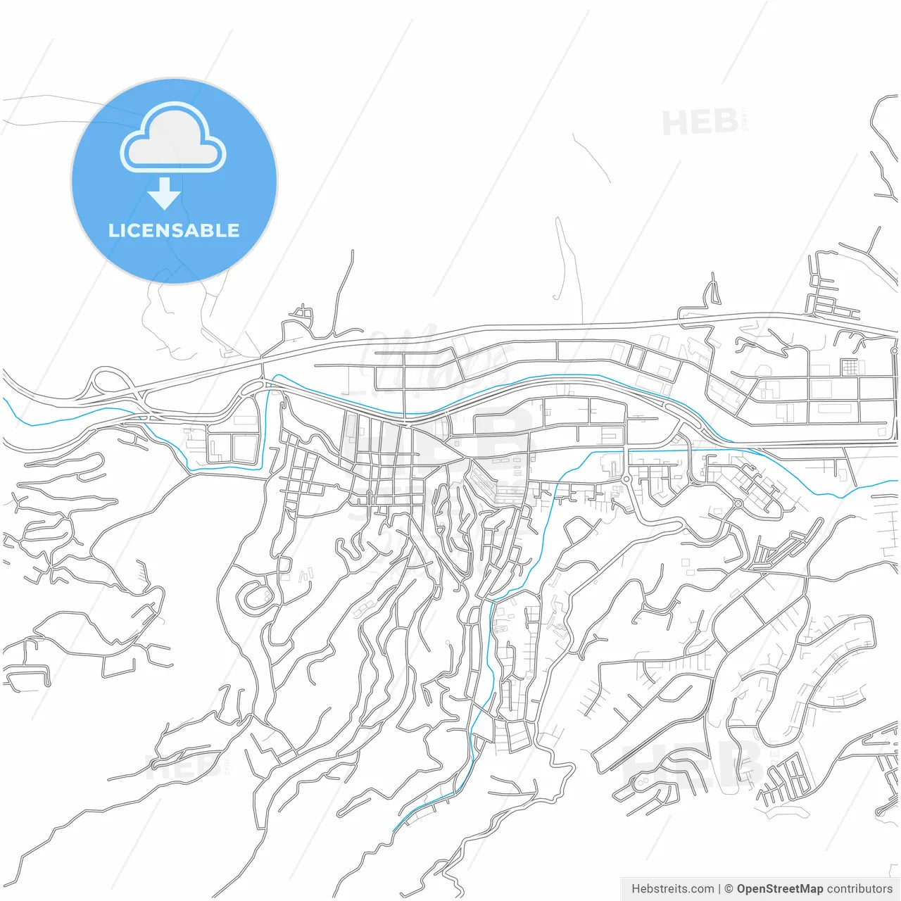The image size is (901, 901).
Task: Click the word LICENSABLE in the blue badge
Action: click(174, 230)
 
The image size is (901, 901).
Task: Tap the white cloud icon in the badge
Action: click(173, 138)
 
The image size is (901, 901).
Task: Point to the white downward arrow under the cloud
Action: click(164, 194)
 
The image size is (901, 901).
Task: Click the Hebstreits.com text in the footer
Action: click(672, 889)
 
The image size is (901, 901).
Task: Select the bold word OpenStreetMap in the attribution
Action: click(779, 889)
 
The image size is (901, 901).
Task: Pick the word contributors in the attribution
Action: click(859, 889)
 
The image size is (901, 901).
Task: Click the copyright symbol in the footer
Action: click(729, 889)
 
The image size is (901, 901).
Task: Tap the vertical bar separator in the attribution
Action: click(719, 889)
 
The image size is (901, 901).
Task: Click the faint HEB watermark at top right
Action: click(700, 123)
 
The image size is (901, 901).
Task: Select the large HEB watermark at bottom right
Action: click(693, 764)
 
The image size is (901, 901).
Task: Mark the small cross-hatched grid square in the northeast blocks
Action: click(850, 367)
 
